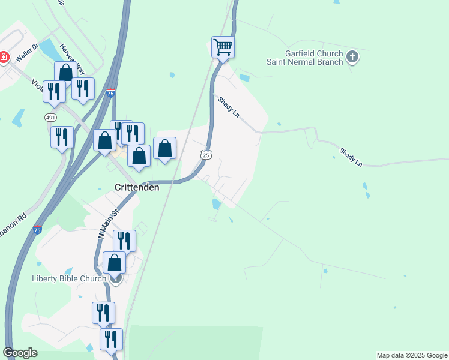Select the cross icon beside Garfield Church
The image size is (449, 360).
[352, 58]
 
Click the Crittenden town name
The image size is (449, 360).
[137, 187]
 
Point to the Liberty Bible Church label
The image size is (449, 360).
[69, 278]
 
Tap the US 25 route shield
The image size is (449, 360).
[205, 155]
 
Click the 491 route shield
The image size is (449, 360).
[50, 118]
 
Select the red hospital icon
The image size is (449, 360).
[4, 58]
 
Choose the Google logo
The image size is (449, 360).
[20, 353]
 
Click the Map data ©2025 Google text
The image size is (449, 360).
[411, 355]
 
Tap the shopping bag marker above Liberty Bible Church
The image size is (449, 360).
[114, 263]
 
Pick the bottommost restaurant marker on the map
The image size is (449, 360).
[111, 340]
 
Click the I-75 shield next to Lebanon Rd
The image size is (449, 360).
[37, 230]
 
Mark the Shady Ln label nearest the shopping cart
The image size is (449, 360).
[229, 107]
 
